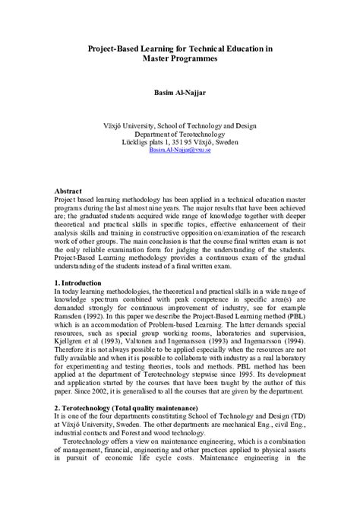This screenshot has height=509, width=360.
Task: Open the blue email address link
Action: (x=180, y=151)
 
